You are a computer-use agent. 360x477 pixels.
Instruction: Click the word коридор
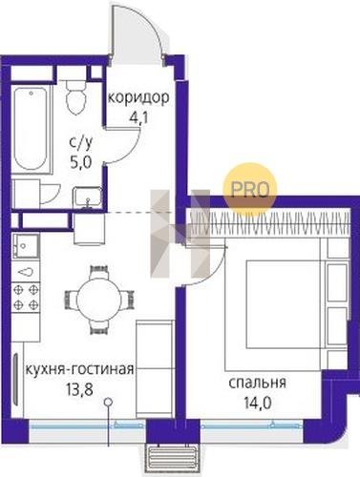pyautogui.click(x=138, y=98)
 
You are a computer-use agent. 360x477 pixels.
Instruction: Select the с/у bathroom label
pyautogui.click(x=81, y=145)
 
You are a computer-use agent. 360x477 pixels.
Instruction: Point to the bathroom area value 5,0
pyautogui.click(x=81, y=163)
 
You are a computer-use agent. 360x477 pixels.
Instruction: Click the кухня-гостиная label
pyautogui.click(x=79, y=370)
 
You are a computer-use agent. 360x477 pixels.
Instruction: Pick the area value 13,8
pyautogui.click(x=79, y=389)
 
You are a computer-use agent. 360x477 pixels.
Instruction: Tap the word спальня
pyautogui.click(x=258, y=384)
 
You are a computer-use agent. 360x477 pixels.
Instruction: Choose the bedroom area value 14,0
pyautogui.click(x=258, y=404)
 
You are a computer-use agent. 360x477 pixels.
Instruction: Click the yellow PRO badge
pyautogui.click(x=249, y=190)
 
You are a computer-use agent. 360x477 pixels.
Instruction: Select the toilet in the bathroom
pyautogui.click(x=76, y=95)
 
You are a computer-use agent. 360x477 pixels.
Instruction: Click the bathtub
pyautogui.click(x=32, y=130)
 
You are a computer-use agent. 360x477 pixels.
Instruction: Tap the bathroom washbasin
pyautogui.click(x=88, y=197)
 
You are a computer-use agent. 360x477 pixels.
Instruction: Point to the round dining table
pyautogui.click(x=99, y=300)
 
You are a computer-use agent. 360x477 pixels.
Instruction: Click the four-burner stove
pyautogui.click(x=26, y=298)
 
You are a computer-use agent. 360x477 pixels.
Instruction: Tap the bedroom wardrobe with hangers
pyautogui.click(x=270, y=224)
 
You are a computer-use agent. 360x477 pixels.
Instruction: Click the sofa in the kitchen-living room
pyautogui.click(x=155, y=369)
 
